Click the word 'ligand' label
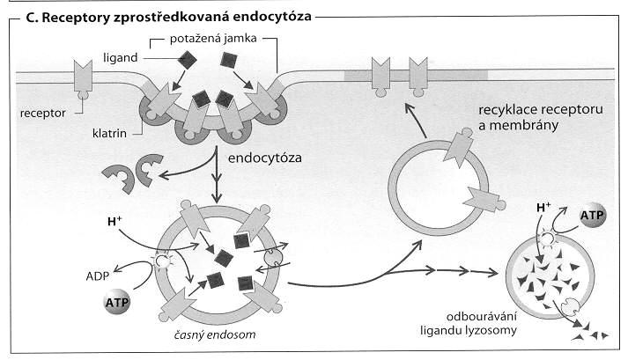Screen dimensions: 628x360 pyautogui.click(x=120, y=58)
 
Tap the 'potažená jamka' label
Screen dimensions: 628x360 pyautogui.click(x=213, y=39)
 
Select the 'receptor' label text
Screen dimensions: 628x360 pyautogui.click(x=43, y=114)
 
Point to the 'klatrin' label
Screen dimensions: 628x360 pyautogui.click(x=109, y=133)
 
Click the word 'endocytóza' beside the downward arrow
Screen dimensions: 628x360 pyautogui.click(x=265, y=158)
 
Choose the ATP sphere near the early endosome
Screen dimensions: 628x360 pyautogui.click(x=117, y=302)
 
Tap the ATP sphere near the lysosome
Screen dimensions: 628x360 pyautogui.click(x=592, y=216)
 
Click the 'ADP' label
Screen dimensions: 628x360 pyautogui.click(x=97, y=276)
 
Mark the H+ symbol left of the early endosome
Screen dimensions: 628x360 pyautogui.click(x=115, y=221)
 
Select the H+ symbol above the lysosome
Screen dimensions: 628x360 pyautogui.click(x=543, y=207)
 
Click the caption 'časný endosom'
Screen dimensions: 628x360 pyautogui.click(x=215, y=334)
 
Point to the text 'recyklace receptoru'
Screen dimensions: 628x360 pyautogui.click(x=541, y=110)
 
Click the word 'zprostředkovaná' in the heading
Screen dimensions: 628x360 pyautogui.click(x=170, y=18)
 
